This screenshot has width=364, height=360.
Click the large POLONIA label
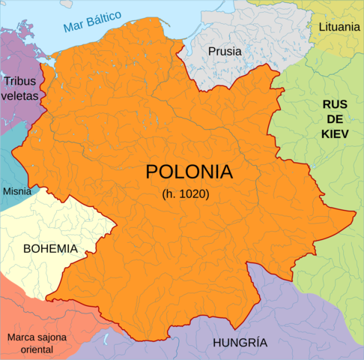point(189,171)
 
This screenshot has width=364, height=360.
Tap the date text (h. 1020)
point(186,193)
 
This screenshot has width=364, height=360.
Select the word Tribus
point(20,82)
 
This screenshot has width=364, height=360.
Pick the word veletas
point(22,96)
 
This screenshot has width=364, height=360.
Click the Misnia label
point(17,191)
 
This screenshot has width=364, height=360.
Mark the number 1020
point(193,193)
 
